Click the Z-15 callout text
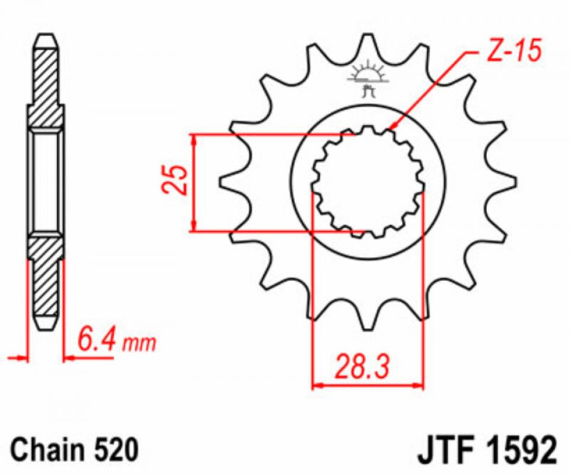click(513, 53)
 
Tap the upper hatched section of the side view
click(46, 83)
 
